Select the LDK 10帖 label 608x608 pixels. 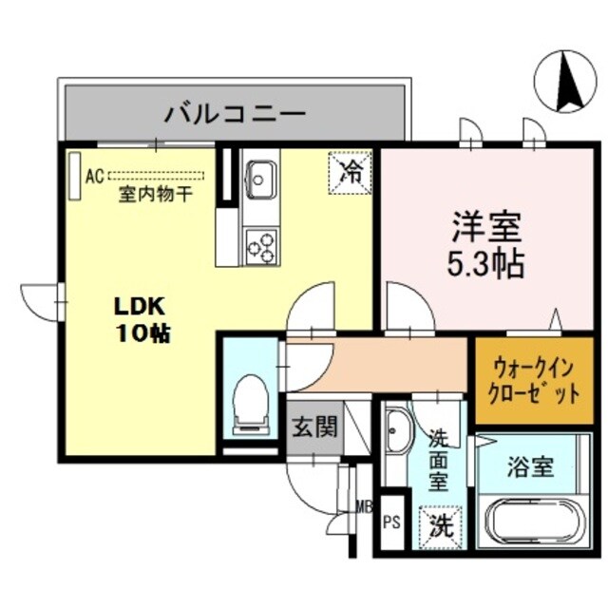[142, 320]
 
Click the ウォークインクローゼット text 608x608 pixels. [534, 380]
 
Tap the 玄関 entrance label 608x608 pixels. [314, 427]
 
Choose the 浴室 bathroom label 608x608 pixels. [530, 467]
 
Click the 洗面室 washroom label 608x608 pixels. [438, 460]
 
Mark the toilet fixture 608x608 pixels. [251, 400]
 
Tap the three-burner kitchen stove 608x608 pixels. [260, 245]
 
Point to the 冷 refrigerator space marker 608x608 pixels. [351, 172]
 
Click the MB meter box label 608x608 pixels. [362, 505]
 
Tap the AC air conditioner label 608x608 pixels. [93, 176]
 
